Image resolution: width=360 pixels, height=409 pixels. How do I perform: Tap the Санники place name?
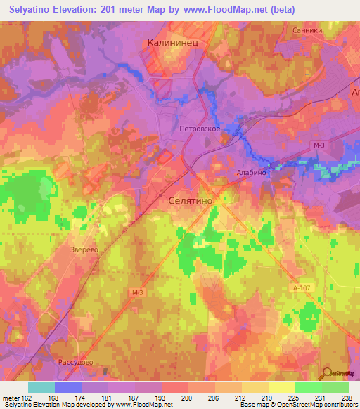[307, 31]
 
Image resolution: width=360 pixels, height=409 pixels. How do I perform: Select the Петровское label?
[201, 129]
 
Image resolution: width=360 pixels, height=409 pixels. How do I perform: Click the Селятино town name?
[191, 201]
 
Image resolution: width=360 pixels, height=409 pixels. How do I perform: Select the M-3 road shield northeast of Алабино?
[319, 145]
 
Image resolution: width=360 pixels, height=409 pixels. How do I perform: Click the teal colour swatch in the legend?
[41, 387]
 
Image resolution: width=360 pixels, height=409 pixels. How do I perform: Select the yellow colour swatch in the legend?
[281, 387]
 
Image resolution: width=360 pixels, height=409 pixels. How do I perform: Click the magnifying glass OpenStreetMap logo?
[326, 374]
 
